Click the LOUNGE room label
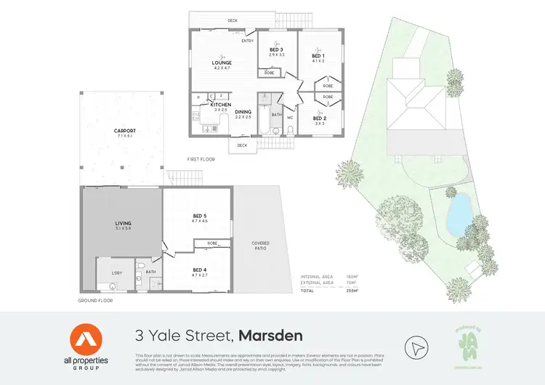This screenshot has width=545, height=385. (x=222, y=63)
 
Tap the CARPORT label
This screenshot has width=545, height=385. (x=125, y=131)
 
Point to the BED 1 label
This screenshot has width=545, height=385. (x=318, y=56)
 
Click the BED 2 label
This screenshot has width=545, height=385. (x=320, y=118)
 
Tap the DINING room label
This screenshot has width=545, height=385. (x=243, y=112)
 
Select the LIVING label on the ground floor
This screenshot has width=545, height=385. (x=122, y=224)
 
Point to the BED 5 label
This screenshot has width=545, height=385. (x=200, y=216)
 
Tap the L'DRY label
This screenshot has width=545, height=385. (x=116, y=272)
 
